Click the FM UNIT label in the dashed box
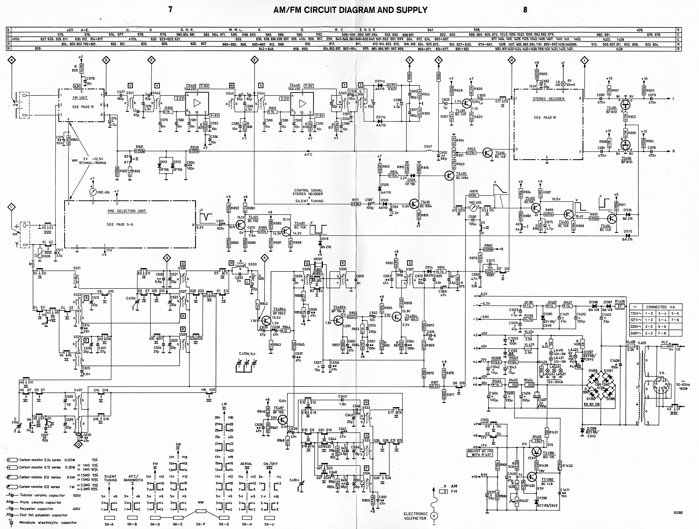(x=80, y=98)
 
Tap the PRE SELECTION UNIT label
(x=127, y=211)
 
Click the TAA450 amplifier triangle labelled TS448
(x=197, y=103)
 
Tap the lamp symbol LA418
(x=563, y=84)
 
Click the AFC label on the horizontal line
(x=308, y=155)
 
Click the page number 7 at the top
(x=170, y=10)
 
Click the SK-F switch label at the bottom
(x=201, y=524)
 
